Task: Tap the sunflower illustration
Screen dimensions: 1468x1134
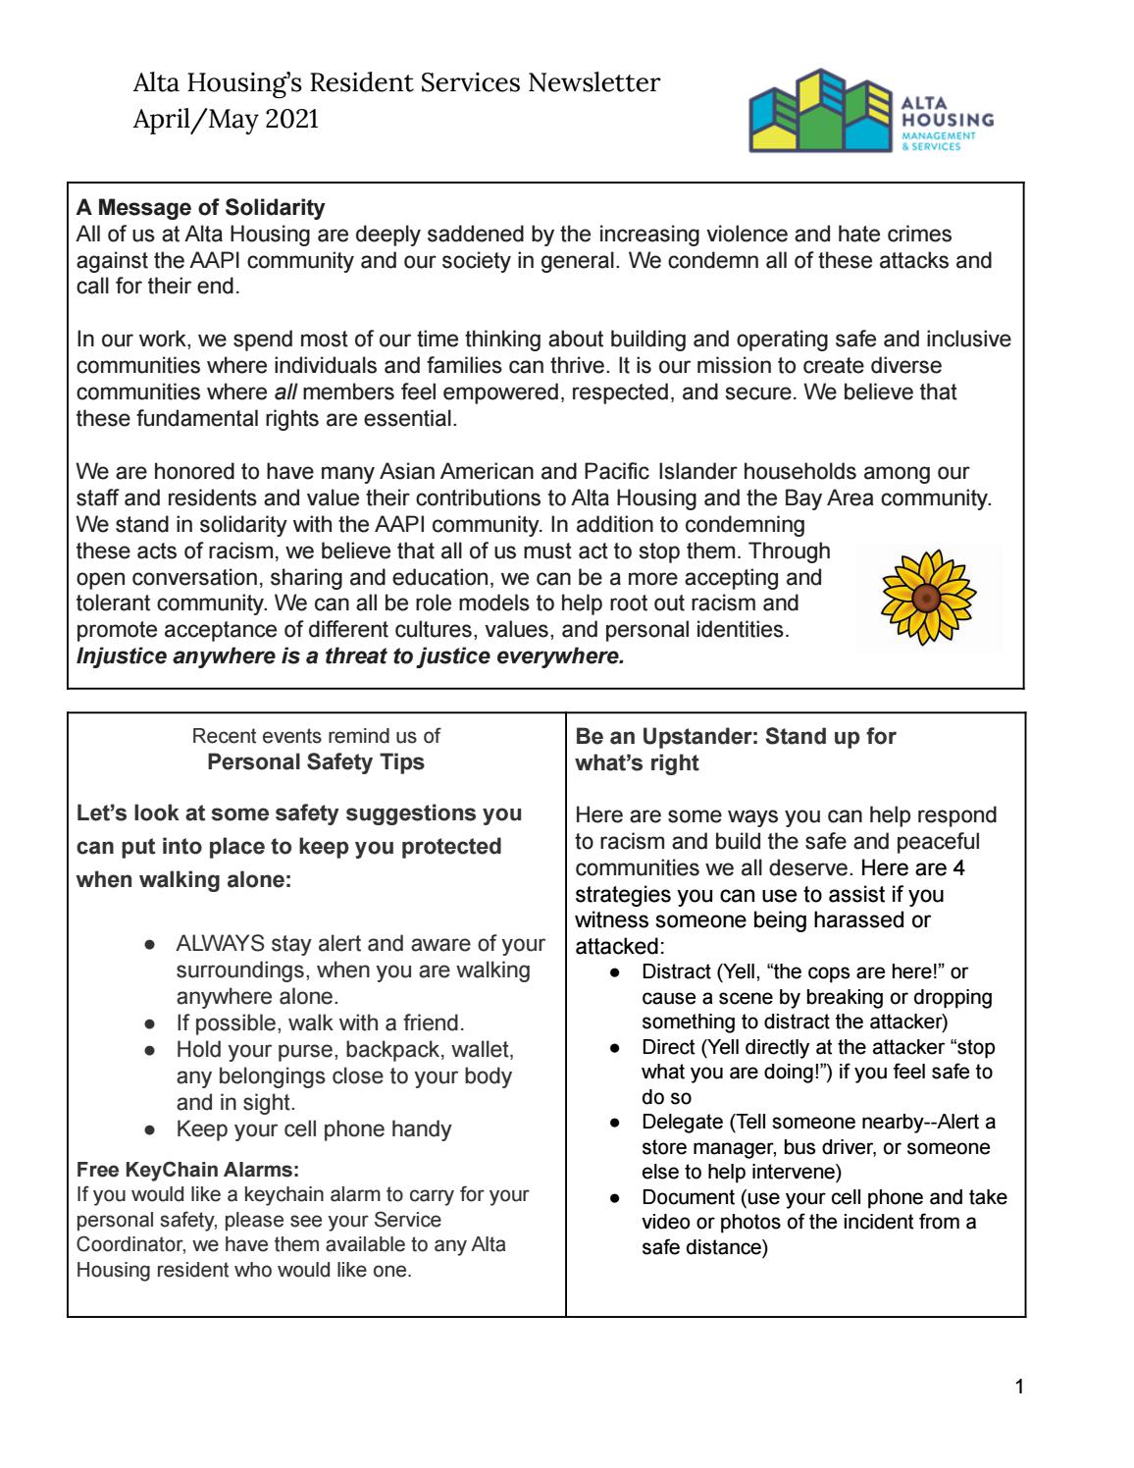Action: pos(924,597)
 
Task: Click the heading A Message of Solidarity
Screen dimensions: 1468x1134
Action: pos(200,208)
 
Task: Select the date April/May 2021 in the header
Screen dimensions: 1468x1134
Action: pos(226,121)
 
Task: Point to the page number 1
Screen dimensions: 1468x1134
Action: pos(1020,1388)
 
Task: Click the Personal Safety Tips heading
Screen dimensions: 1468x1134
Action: pos(316,762)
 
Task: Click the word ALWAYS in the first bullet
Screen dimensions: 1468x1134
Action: pos(220,944)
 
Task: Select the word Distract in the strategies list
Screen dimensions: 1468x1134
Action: pos(677,971)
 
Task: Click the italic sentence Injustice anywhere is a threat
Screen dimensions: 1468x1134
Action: pos(350,656)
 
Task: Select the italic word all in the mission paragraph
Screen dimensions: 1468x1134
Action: pos(283,392)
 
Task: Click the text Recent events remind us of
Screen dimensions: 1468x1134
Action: pos(316,736)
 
